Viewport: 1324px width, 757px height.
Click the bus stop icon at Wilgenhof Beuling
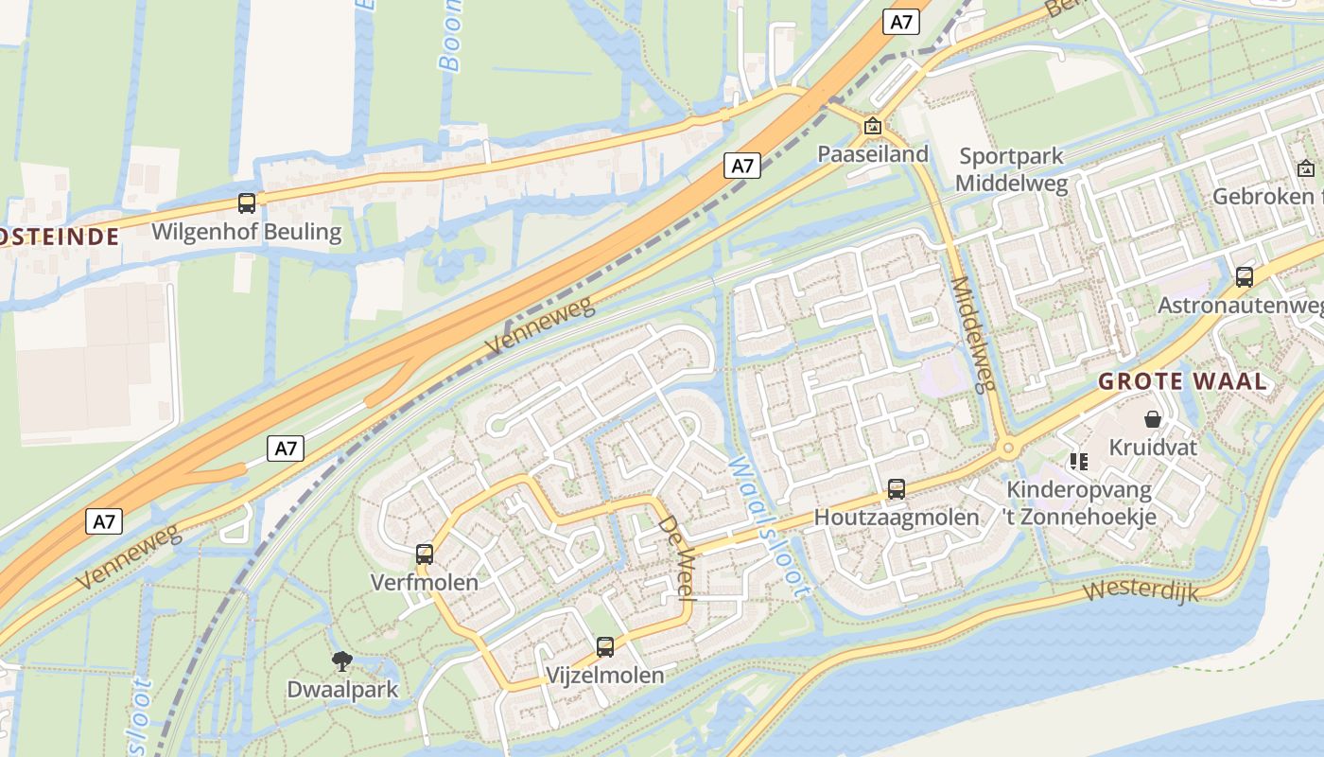pyautogui.click(x=247, y=202)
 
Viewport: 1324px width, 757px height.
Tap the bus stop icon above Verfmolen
pyautogui.click(x=425, y=554)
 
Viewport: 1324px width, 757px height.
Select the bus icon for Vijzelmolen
pyautogui.click(x=605, y=647)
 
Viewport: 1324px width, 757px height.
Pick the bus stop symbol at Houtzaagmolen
pyautogui.click(x=896, y=489)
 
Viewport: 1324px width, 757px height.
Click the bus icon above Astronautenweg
pyautogui.click(x=1245, y=276)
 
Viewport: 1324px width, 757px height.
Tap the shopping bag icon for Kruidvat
pyautogui.click(x=1153, y=418)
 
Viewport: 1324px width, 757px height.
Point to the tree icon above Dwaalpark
pyautogui.click(x=342, y=661)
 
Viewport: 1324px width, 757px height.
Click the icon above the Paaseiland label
pyautogui.click(x=872, y=126)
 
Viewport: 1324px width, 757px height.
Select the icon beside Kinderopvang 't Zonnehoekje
pyautogui.click(x=1078, y=462)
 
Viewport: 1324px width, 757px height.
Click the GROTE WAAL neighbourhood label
pyautogui.click(x=1181, y=382)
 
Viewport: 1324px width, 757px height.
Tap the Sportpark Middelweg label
pyautogui.click(x=1011, y=169)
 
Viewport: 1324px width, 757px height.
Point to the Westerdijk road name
pyautogui.click(x=1141, y=591)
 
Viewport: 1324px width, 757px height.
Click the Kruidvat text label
pyautogui.click(x=1153, y=447)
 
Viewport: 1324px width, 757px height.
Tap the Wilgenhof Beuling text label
pyautogui.click(x=246, y=232)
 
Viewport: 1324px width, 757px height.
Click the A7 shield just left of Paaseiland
pyautogui.click(x=742, y=166)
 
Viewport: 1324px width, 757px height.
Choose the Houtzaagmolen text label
pyautogui.click(x=896, y=518)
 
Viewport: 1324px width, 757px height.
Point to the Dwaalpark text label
pyautogui.click(x=342, y=690)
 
